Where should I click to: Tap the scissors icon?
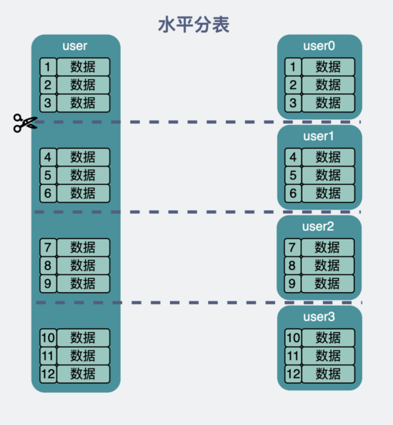(24, 123)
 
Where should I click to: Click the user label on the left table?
(75, 46)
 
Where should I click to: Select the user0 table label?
(319, 46)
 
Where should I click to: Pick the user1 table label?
(319, 136)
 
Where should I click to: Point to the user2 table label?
(319, 226)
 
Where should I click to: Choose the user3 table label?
(319, 316)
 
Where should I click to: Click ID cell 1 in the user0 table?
(292, 67)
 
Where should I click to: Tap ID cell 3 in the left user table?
(48, 103)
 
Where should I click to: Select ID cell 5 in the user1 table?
(292, 175)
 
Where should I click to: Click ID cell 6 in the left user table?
(48, 193)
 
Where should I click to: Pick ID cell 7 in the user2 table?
(292, 248)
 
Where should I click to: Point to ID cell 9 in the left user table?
(48, 284)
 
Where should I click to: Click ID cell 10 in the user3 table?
(293, 338)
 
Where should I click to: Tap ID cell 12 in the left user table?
(48, 374)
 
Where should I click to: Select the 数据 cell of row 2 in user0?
(328, 85)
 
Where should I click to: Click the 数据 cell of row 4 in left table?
(83, 157)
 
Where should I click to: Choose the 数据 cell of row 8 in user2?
(328, 266)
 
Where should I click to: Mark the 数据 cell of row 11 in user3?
(328, 356)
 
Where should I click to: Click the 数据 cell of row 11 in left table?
(83, 356)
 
